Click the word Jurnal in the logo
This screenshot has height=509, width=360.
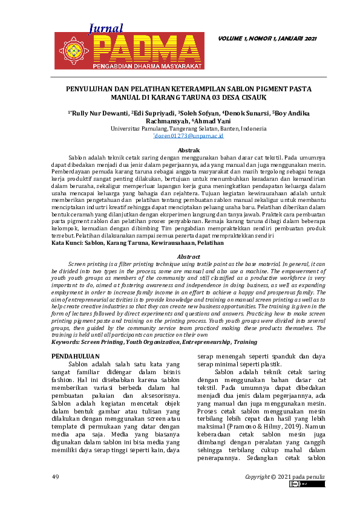pos(106,28)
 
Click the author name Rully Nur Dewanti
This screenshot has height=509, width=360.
pos(99,113)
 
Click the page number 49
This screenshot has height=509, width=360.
pos(55,476)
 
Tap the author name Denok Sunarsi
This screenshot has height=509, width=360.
pos(246,113)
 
